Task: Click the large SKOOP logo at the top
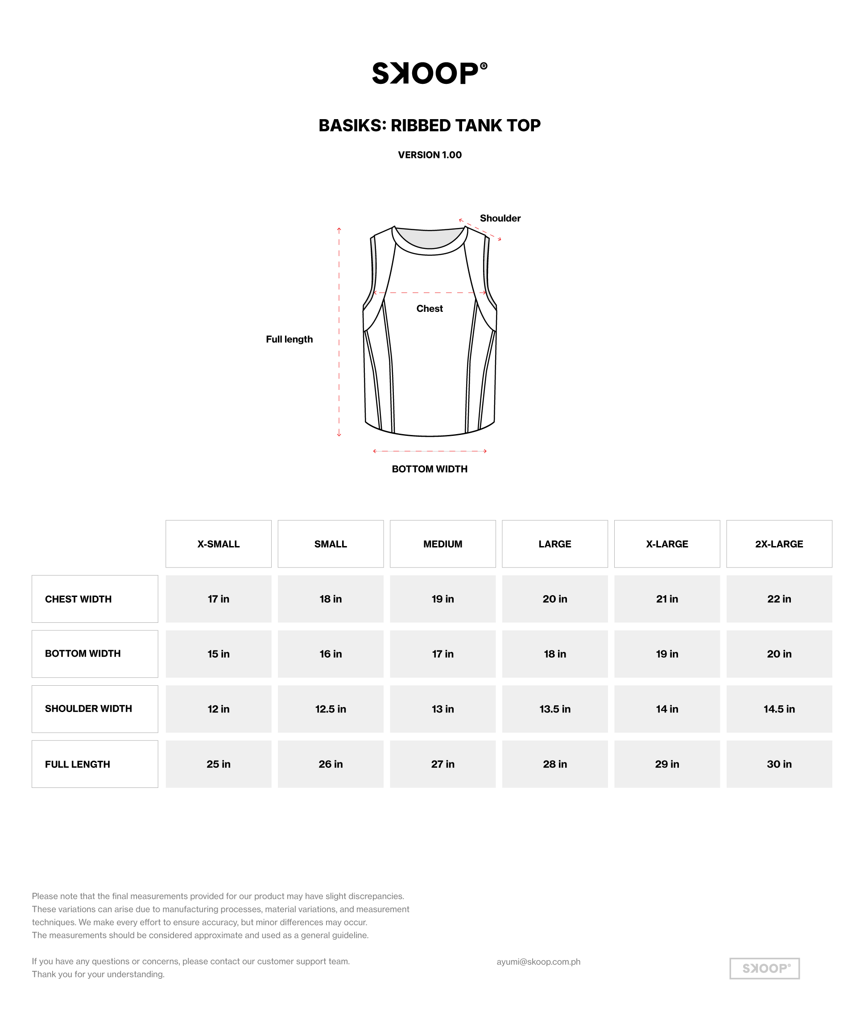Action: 429,73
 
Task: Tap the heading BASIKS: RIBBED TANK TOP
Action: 430,125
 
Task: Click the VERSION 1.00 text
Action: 430,155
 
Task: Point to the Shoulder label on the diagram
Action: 500,219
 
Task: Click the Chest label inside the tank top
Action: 430,309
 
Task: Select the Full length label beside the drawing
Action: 289,340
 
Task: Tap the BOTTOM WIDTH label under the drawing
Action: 430,469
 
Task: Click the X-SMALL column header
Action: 219,544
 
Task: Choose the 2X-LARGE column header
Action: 779,544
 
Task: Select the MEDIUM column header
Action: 442,544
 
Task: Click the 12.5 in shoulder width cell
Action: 331,709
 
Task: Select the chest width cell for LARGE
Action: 555,599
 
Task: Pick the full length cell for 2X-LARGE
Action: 779,764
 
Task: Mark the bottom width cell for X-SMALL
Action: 219,654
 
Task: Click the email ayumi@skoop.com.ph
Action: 538,961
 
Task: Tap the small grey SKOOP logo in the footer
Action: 765,969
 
